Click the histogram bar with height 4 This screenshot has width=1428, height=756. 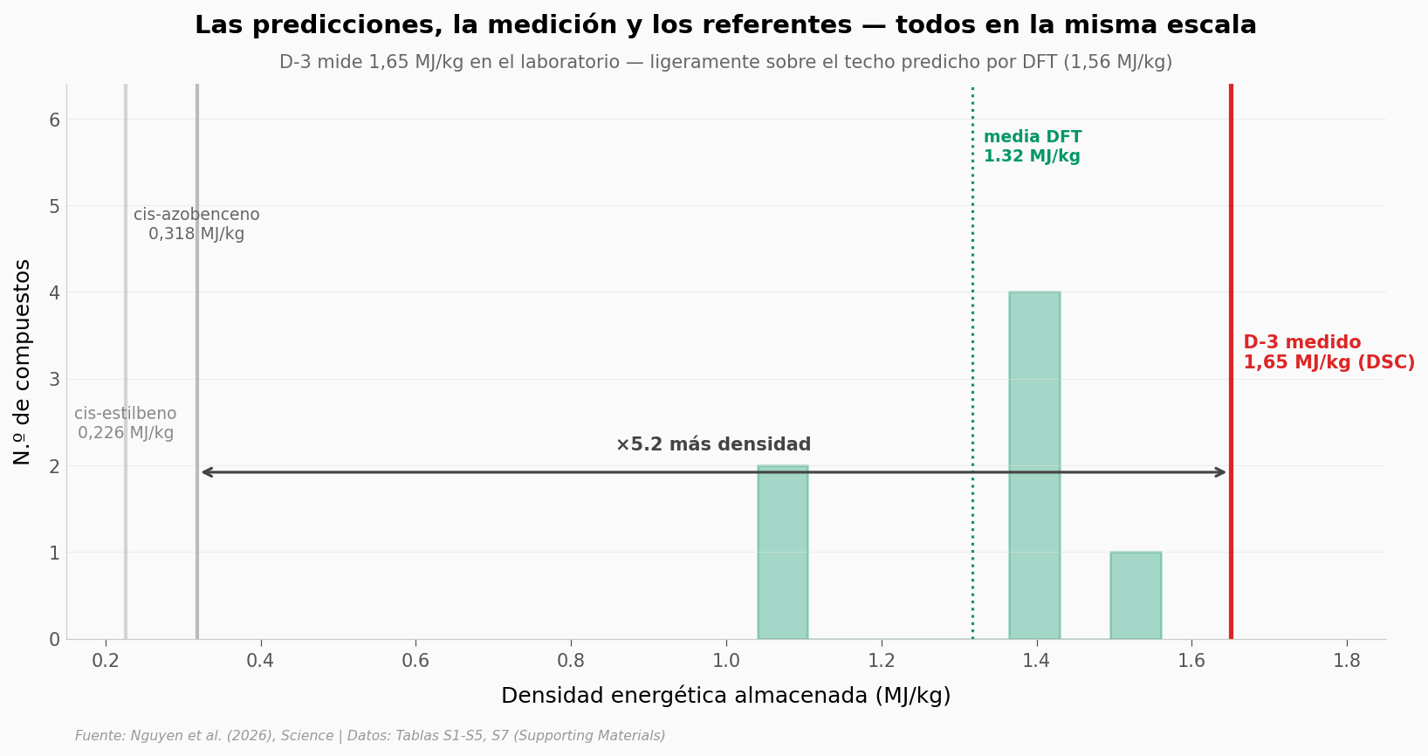[x=1034, y=465]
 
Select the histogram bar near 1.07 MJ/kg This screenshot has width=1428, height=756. [x=783, y=552]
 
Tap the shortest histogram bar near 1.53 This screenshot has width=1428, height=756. [x=1136, y=595]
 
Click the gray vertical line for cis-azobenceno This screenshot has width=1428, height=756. [x=197, y=349]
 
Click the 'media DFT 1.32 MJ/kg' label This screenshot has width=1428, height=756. [x=1033, y=147]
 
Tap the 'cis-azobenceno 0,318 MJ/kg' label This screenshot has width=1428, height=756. [x=196, y=224]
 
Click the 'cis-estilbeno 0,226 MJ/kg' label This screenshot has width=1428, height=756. [x=126, y=423]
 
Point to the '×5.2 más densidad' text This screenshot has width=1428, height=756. [x=713, y=445]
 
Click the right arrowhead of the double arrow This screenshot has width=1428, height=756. [x=1222, y=472]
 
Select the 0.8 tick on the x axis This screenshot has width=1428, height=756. [x=571, y=661]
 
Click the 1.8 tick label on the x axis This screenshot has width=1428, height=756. [x=1347, y=661]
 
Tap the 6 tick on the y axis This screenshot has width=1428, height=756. [x=54, y=120]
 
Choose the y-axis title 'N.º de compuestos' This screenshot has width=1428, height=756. [x=23, y=361]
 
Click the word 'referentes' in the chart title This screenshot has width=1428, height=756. [x=785, y=25]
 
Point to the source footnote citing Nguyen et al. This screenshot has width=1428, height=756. [x=370, y=736]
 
